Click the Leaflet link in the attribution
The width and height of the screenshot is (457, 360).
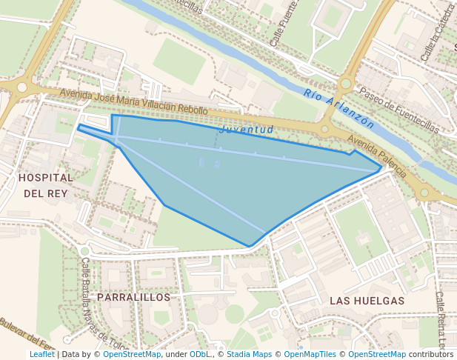pyautogui.click(x=42, y=354)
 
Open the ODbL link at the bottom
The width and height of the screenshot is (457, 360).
pyautogui.click(x=200, y=354)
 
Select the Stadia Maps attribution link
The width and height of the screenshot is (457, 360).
pyautogui.click(x=249, y=354)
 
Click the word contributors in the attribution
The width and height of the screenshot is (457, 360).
pyautogui.click(x=431, y=354)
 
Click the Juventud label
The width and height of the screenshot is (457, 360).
pyautogui.click(x=247, y=130)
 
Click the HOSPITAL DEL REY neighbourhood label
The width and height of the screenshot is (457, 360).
pyautogui.click(x=46, y=185)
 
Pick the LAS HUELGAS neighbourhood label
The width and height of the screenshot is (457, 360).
pyautogui.click(x=367, y=301)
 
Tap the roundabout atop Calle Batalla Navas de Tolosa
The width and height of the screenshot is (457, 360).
pyautogui.click(x=84, y=252)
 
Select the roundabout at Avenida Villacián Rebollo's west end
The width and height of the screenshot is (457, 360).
pyautogui.click(x=22, y=87)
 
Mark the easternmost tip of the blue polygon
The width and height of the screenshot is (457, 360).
pyautogui.click(x=381, y=167)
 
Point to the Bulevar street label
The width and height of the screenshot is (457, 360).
pyautogui.click(x=22, y=335)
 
